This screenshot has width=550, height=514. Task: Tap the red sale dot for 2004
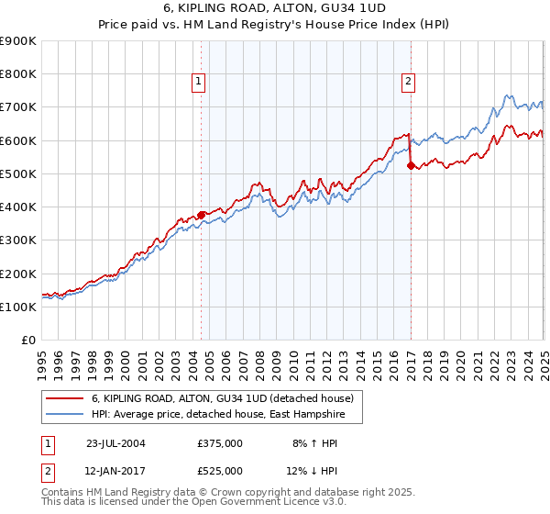pos(202,216)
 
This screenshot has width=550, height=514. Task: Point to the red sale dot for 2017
pos(411,166)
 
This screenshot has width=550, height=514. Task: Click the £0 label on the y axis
pos(28,340)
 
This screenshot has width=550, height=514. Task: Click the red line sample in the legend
pos(65,398)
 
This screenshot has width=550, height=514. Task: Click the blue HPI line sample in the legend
pos(65,415)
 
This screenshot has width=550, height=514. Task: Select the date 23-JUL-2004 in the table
pos(115,442)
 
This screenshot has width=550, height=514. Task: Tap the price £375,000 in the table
pos(220,442)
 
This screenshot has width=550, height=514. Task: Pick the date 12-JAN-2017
pos(115,470)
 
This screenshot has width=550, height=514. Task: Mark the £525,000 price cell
pos(220,470)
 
